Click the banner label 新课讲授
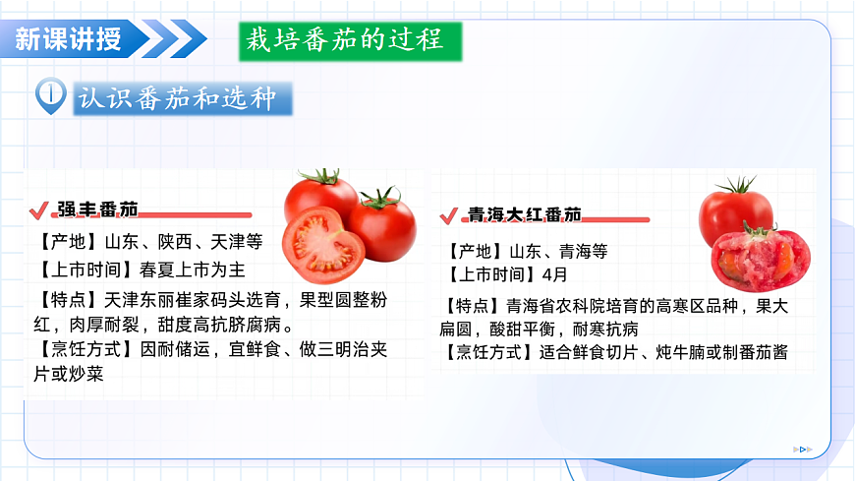tap(69, 39)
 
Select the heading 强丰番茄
tap(97, 210)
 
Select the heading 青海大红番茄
tap(524, 214)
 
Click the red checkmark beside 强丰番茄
tap(40, 210)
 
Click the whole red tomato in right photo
tap(735, 210)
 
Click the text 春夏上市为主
tap(192, 268)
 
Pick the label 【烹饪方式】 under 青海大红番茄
tap(492, 353)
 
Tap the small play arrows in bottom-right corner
tap(803, 450)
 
